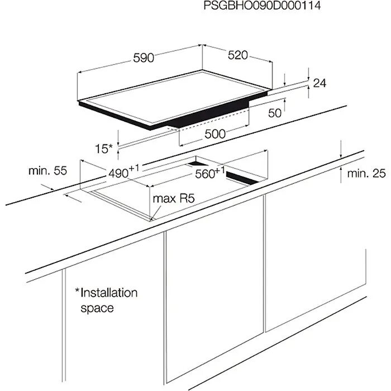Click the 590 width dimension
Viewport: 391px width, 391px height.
tap(143, 58)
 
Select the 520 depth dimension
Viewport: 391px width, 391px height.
tap(237, 55)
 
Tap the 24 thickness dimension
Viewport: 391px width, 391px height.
tap(319, 83)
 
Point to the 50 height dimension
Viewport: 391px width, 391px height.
tap(274, 113)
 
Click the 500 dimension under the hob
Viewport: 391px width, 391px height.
tap(214, 134)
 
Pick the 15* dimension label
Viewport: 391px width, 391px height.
tap(104, 149)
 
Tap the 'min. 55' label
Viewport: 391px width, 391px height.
tap(47, 171)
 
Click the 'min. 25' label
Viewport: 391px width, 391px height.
tap(366, 174)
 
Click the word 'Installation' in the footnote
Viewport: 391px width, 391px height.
tap(109, 293)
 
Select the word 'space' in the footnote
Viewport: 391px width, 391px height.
tap(96, 308)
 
